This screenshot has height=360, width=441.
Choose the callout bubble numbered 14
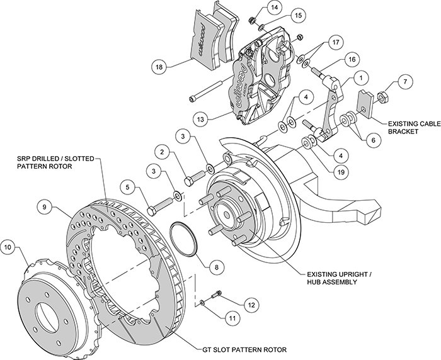pos(274,8)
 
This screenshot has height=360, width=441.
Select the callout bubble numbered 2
pos(163,152)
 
